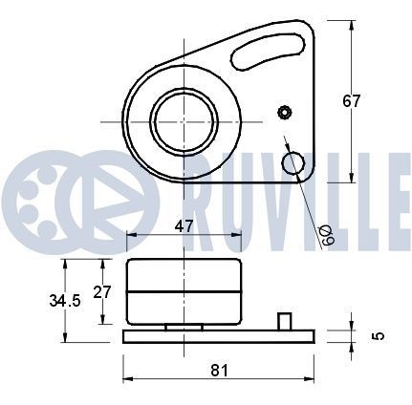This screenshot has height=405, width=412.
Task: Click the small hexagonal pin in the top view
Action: pos(283,113)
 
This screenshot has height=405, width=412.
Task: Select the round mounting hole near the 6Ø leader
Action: pos(293,163)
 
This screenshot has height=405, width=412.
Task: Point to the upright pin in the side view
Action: pos(283,320)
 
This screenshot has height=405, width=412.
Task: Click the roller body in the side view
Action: pos(183,291)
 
